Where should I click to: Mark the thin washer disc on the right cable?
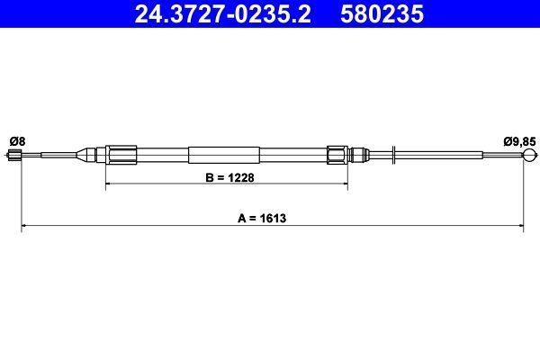[x=395, y=154]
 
